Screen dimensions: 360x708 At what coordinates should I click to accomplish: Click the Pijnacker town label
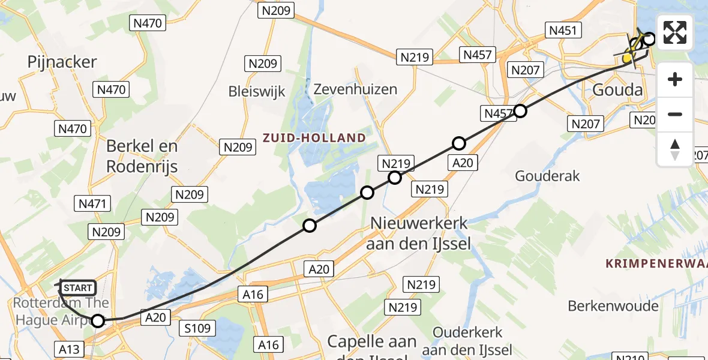click(x=62, y=61)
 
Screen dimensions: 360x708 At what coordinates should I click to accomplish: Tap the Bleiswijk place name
click(x=257, y=91)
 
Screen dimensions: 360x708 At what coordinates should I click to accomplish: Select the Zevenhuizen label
click(x=355, y=89)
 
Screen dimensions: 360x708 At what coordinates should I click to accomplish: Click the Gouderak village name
click(x=548, y=176)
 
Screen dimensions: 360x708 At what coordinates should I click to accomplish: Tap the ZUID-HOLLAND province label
click(x=314, y=137)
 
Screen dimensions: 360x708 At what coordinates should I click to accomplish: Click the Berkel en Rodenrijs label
click(x=142, y=156)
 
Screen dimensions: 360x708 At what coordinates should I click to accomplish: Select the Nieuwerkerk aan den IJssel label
click(x=419, y=233)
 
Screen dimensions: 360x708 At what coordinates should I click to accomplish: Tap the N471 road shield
click(x=93, y=204)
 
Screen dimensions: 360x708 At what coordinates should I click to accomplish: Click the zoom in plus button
click(x=675, y=79)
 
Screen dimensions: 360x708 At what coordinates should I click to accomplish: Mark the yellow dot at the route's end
click(x=628, y=58)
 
